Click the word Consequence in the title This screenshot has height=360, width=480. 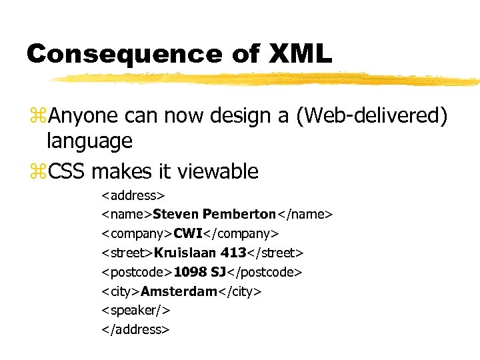pos(123,54)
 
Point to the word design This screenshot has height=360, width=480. pos(242,117)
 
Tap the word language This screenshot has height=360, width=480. pos(89,141)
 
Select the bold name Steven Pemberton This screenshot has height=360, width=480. pos(214,214)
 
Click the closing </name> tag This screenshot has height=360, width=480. pos(305,214)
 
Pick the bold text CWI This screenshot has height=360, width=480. pos(187,233)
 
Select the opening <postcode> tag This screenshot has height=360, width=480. pos(137,272)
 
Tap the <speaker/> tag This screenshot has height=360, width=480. pos(135,310)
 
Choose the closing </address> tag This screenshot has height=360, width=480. pos(135,329)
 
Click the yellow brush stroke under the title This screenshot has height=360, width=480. pos(267,79)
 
